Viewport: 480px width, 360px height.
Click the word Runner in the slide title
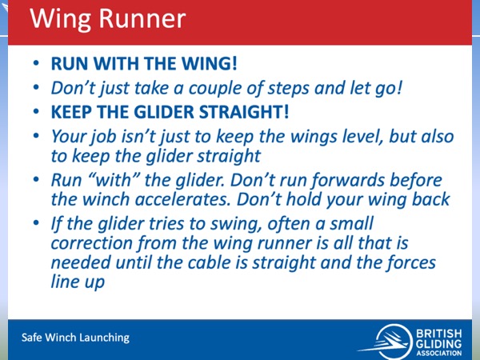[142, 18]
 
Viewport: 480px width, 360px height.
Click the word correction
[91, 243]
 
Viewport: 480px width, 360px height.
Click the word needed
[81, 263]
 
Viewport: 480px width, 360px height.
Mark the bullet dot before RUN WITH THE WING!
[36, 63]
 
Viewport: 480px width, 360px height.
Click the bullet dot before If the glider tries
[36, 223]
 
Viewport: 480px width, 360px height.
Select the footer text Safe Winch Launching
[76, 338]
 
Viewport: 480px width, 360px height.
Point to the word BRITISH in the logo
[438, 334]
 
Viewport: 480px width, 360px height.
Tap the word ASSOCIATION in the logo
[438, 353]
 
